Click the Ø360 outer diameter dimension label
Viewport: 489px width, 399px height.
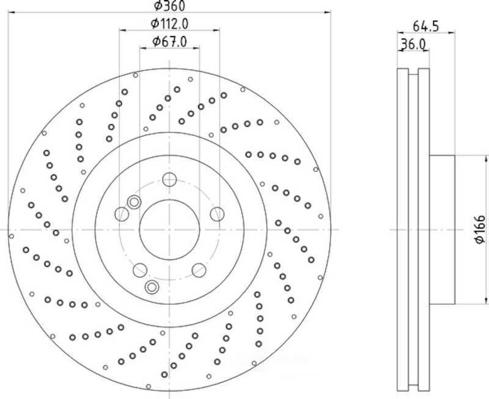coord(170,5)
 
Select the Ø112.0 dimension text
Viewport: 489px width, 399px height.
coord(170,23)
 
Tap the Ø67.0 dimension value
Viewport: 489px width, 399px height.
coord(170,42)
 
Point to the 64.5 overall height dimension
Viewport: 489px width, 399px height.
coord(426,26)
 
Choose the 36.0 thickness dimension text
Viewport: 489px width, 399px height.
coord(413,44)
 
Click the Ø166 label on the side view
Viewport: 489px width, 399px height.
coord(480,229)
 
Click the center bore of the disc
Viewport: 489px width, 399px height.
coord(169,230)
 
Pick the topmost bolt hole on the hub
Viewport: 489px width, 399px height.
coord(169,180)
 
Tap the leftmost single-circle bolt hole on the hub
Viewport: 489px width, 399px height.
coord(122,214)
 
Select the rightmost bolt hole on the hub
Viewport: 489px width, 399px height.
coord(217,214)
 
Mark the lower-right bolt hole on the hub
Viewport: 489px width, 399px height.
coord(199,270)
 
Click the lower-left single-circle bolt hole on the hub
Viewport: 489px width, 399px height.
coord(140,270)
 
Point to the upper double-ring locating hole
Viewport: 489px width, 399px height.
coord(134,203)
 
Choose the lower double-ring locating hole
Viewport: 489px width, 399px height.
coord(152,287)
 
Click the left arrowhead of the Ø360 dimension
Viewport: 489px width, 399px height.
coord(11,12)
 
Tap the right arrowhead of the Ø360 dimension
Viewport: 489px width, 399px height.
coord(327,12)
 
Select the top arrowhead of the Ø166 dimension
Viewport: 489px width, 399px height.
coord(485,159)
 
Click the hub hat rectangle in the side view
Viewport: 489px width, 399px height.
coord(442,230)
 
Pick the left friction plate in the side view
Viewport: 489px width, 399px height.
coord(403,230)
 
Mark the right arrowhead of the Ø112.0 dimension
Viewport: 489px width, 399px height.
coord(216,30)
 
